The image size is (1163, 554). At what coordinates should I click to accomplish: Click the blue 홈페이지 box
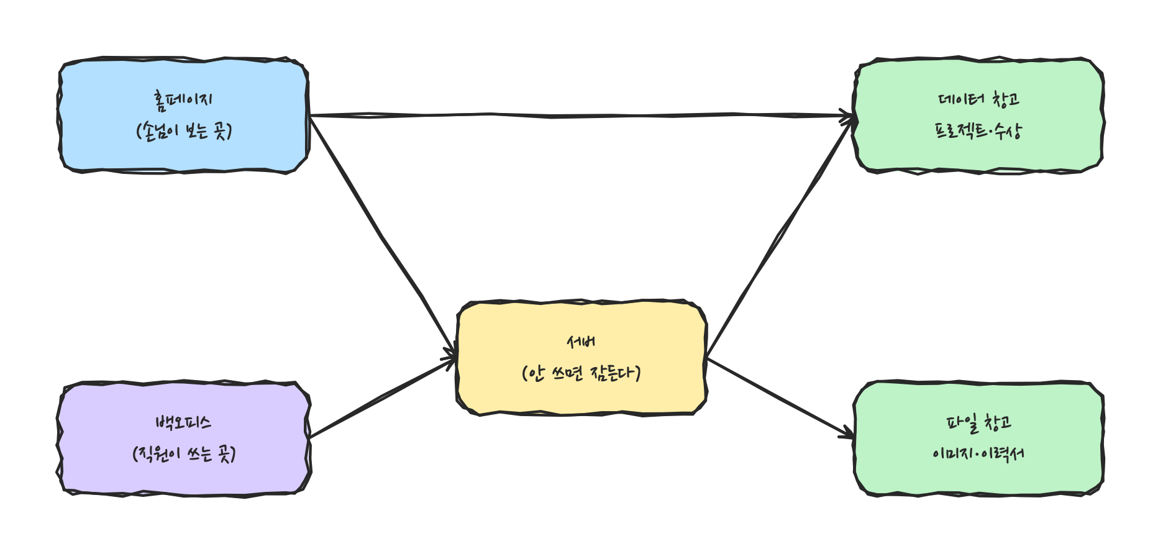pyautogui.click(x=184, y=116)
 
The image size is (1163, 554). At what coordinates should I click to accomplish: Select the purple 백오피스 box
pyautogui.click(x=184, y=438)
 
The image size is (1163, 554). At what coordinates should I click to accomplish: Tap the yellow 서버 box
pyautogui.click(x=581, y=358)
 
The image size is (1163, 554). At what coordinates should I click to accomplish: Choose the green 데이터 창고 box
pyautogui.click(x=979, y=116)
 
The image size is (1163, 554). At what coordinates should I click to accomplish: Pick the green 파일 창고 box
pyautogui.click(x=979, y=438)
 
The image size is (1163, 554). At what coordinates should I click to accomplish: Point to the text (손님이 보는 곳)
pyautogui.click(x=184, y=131)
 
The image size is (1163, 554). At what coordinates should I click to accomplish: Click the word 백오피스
pyautogui.click(x=184, y=423)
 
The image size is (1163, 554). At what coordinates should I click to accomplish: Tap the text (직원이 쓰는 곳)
pyautogui.click(x=184, y=454)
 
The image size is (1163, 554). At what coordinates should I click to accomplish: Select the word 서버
pyautogui.click(x=581, y=342)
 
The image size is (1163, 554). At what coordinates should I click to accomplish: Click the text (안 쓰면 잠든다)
pyautogui.click(x=581, y=373)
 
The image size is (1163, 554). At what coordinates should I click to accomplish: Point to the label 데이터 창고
pyautogui.click(x=979, y=99)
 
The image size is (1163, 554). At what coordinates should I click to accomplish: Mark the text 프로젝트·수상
pyautogui.click(x=979, y=131)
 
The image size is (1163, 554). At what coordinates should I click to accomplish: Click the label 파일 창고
pyautogui.click(x=979, y=423)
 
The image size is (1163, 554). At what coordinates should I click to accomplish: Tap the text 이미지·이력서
pyautogui.click(x=979, y=454)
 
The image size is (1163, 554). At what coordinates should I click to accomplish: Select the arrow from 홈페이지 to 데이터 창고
pyautogui.click(x=581, y=116)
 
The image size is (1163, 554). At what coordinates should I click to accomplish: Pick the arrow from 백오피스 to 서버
pyautogui.click(x=383, y=398)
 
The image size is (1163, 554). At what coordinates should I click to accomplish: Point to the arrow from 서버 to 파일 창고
pyautogui.click(x=780, y=398)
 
